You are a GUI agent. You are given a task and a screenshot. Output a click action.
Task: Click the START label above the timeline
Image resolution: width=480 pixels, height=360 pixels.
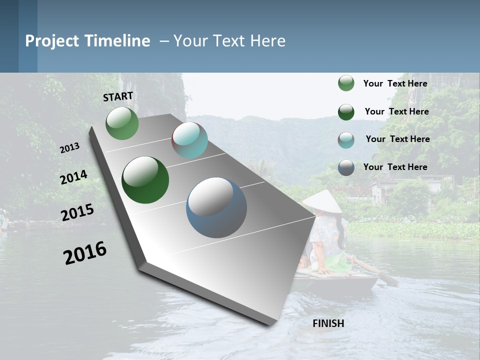(118, 96)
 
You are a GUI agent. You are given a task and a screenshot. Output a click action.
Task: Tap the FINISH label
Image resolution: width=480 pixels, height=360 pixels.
(328, 323)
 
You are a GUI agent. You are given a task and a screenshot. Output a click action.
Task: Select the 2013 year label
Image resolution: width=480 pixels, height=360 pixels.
(69, 148)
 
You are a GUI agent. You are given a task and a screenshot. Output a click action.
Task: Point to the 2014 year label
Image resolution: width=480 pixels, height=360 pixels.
(73, 177)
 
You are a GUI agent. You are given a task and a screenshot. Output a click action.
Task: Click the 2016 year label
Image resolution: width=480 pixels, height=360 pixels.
(85, 253)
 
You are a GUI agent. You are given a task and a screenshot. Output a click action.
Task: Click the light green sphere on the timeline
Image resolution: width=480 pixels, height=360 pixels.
(122, 123)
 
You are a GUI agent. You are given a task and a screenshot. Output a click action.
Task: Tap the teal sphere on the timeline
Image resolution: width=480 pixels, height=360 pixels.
(189, 140)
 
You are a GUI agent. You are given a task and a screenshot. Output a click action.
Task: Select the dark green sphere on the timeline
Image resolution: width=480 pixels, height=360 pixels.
(145, 180)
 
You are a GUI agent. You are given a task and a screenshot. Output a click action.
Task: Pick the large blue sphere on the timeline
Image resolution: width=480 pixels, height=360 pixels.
(216, 207)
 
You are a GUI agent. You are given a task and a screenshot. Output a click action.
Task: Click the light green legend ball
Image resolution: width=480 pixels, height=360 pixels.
(346, 83)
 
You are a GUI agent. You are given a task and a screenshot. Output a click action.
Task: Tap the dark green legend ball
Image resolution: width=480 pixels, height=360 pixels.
(346, 112)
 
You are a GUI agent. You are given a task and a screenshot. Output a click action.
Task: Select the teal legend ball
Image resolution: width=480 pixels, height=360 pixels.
(346, 140)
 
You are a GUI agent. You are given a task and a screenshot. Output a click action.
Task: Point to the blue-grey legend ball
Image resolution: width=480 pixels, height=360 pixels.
(346, 167)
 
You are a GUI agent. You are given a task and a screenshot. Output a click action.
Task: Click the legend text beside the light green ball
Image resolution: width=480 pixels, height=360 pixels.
(395, 83)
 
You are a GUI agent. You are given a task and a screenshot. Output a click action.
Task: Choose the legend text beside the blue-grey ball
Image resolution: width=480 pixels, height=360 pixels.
(395, 167)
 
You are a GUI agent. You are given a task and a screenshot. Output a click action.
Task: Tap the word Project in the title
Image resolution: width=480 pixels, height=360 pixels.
(52, 41)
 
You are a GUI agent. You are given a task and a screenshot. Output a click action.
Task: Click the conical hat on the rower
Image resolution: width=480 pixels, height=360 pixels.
(322, 201)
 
